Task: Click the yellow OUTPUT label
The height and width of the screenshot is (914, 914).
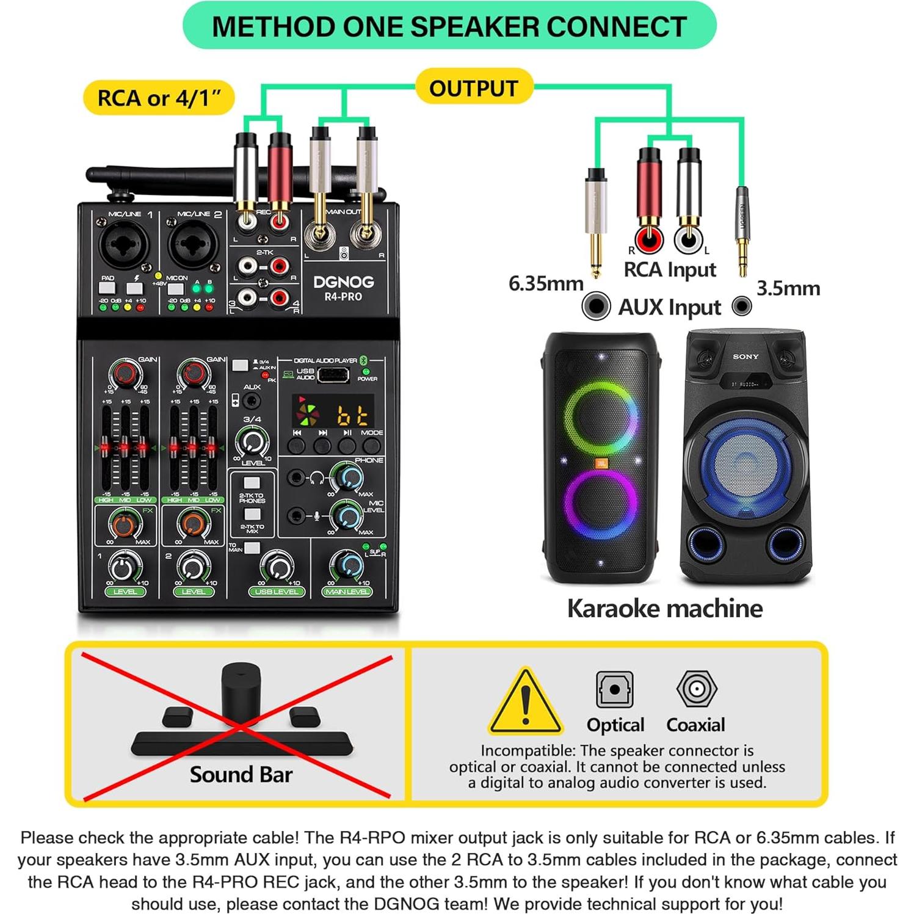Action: pos(473,88)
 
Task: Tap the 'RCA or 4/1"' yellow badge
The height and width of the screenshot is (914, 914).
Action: pos(159,98)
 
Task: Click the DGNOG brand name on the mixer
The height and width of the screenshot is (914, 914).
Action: pos(343,282)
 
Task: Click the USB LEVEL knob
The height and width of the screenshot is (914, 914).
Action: pos(277,567)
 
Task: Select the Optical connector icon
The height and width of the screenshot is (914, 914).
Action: pos(614,689)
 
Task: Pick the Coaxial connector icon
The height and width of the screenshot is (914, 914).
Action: pos(696,689)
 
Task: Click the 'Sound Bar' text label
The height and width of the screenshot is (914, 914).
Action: pos(241,774)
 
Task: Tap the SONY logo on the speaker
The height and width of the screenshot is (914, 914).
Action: pos(745,356)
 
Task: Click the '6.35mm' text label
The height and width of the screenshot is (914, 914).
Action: pos(546,283)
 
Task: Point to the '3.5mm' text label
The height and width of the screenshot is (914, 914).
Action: pos(788,288)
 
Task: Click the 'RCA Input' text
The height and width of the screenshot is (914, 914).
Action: pos(670,269)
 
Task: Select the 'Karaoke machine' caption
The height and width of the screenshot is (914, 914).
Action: pos(665,608)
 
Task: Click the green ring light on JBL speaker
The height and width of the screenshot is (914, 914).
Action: pos(600,415)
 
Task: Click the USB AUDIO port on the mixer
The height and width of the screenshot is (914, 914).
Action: pos(333,374)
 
